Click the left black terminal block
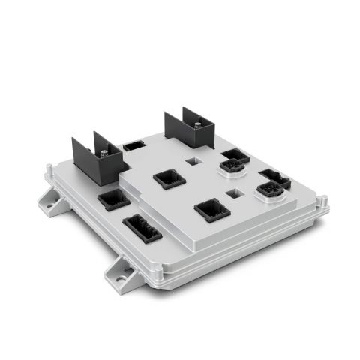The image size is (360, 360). tap(98, 158)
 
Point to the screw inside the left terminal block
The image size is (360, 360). tap(103, 152)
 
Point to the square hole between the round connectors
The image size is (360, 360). tap(238, 193)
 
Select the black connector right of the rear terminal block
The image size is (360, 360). tap(234, 155)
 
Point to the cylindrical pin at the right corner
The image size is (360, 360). tap(323, 200)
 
